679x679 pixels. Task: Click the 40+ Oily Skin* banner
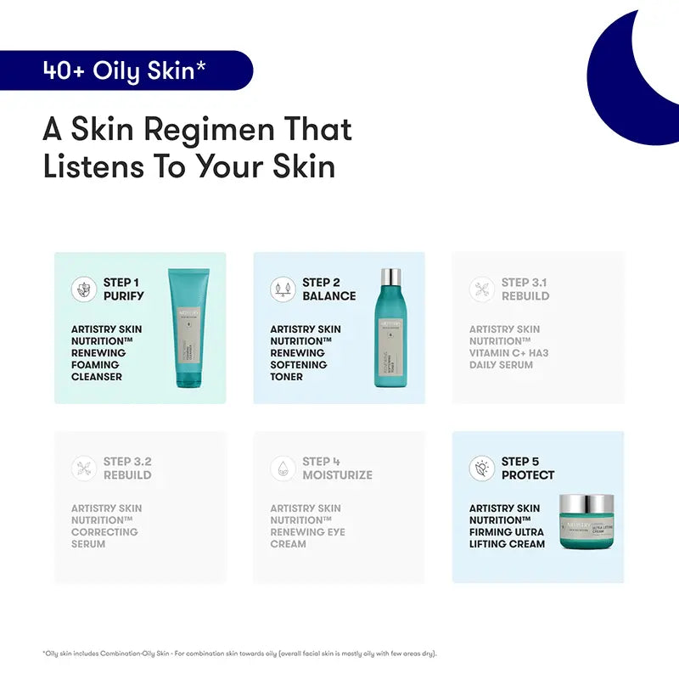tap(125, 70)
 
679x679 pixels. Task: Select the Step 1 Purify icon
tap(83, 289)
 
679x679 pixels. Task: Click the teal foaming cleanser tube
tap(188, 328)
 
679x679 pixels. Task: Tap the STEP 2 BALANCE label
tap(329, 289)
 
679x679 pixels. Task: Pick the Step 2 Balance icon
tap(283, 289)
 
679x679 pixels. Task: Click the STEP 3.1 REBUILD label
tap(525, 289)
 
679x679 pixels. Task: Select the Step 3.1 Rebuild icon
tap(482, 289)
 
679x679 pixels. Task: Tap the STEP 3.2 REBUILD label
tap(127, 469)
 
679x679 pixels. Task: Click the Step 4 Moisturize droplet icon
tap(283, 469)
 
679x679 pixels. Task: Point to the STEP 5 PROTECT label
tap(528, 469)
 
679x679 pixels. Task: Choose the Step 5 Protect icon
tap(482, 469)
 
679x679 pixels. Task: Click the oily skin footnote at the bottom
tap(239, 653)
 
